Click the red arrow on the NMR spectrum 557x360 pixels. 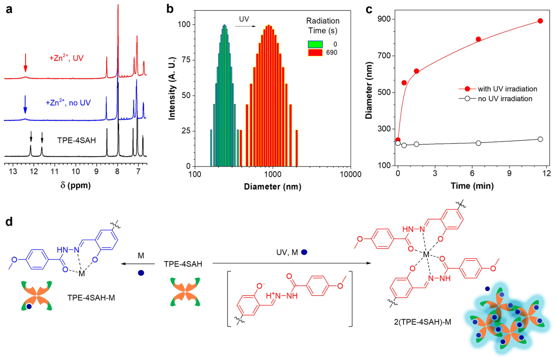click(25, 63)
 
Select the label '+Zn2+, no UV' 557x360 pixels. click(68, 103)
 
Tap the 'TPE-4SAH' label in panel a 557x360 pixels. click(77, 141)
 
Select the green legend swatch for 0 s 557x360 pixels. click(315, 44)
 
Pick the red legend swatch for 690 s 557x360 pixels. click(315, 53)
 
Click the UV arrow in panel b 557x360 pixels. click(245, 27)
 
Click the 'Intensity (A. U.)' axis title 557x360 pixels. click(172, 88)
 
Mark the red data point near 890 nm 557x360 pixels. click(540, 21)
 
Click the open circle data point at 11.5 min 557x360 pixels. click(540, 139)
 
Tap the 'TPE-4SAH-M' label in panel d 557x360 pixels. click(91, 298)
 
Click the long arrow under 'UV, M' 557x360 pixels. click(291, 263)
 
